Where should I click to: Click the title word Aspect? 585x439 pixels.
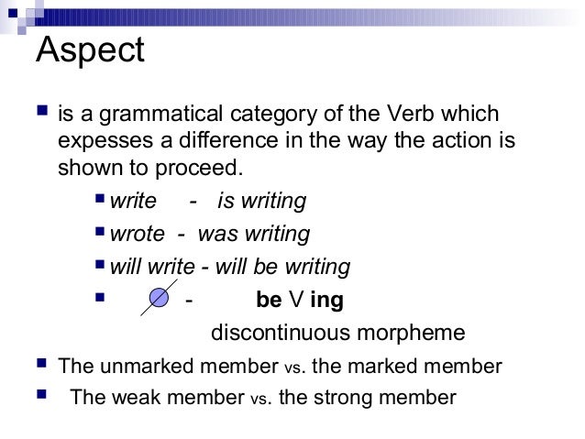point(90,50)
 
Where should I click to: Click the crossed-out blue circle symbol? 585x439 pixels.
point(159,300)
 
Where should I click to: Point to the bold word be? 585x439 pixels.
point(269,300)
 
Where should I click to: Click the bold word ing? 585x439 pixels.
point(327,300)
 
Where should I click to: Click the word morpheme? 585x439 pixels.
point(414,333)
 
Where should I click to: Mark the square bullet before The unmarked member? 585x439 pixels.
point(39,366)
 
